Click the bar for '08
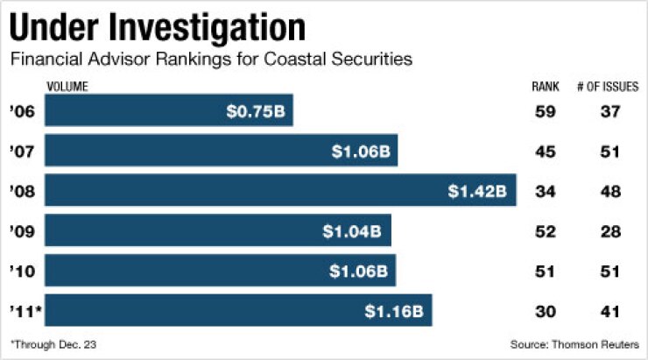(280, 191)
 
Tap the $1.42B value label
(477, 191)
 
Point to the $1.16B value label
(393, 311)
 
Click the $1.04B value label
(353, 231)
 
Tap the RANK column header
(545, 87)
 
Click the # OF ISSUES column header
(607, 87)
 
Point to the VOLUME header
(67, 87)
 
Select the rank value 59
(545, 111)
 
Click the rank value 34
(545, 191)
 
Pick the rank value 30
(545, 311)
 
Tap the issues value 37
(609, 111)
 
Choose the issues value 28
(609, 231)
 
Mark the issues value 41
(609, 311)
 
